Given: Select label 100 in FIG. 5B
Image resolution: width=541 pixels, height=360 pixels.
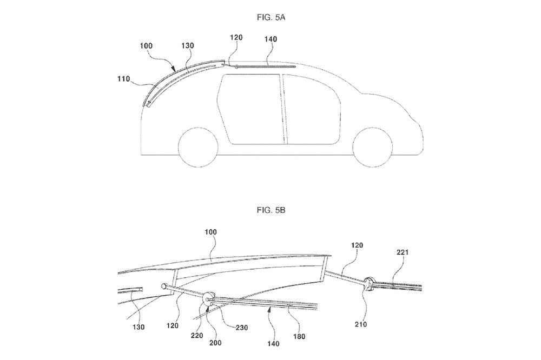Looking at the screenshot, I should tap(210, 232).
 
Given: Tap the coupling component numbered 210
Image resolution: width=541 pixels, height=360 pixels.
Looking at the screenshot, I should tap(370, 283).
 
